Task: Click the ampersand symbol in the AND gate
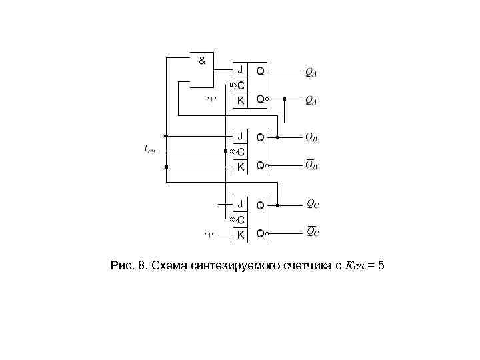(x=202, y=60)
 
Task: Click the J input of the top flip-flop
(x=241, y=70)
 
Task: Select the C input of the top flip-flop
(x=241, y=85)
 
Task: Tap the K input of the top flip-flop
(x=241, y=99)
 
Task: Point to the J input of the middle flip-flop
(x=241, y=137)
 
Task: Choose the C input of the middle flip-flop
(x=241, y=151)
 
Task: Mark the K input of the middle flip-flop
(x=241, y=166)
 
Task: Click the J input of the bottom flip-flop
(x=241, y=204)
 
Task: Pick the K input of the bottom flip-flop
(x=241, y=234)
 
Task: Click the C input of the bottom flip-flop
(x=241, y=219)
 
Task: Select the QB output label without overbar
(x=311, y=137)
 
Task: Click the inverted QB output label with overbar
(x=311, y=165)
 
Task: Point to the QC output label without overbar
(x=312, y=204)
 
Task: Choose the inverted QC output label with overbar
(x=312, y=232)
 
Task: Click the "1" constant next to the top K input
(x=211, y=100)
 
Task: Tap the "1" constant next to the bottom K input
(x=209, y=235)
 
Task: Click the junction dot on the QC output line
(x=277, y=204)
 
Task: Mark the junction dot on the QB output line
(x=277, y=137)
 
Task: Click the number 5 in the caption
(x=380, y=267)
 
